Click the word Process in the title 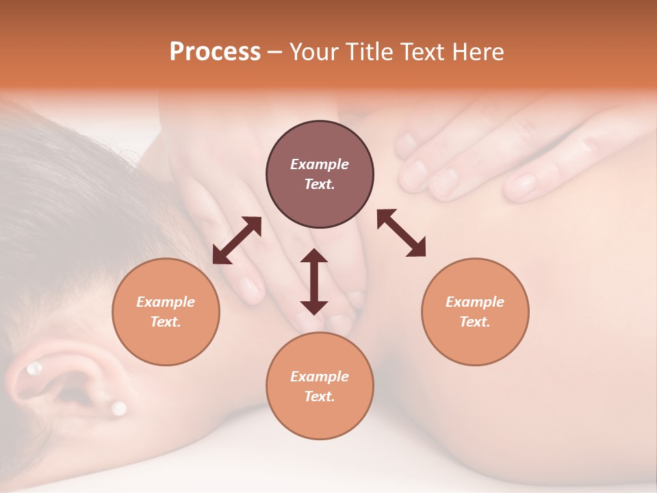[x=215, y=52]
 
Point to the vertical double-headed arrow [x=314, y=281]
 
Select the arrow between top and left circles [x=237, y=240]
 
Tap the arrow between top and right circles [x=402, y=233]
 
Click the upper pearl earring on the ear [x=34, y=370]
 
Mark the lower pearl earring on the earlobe [x=119, y=409]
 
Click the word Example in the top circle [x=320, y=164]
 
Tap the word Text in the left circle [x=166, y=322]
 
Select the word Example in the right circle [x=475, y=302]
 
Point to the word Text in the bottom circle [x=320, y=396]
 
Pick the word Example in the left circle [x=166, y=302]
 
